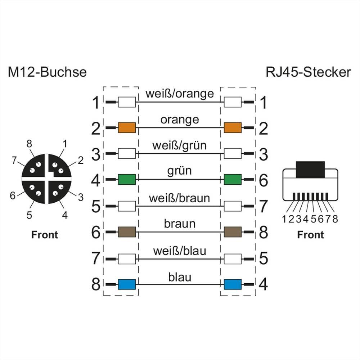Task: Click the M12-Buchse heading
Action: [47, 72]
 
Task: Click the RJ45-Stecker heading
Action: [308, 72]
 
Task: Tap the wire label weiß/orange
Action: [180, 94]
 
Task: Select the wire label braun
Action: [180, 224]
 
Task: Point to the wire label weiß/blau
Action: [180, 250]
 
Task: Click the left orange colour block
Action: [127, 127]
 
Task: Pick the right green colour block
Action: [233, 179]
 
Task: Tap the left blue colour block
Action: [127, 284]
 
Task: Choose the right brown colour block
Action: [233, 232]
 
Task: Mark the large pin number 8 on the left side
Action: [95, 284]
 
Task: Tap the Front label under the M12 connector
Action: [45, 235]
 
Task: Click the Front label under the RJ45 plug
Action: [310, 235]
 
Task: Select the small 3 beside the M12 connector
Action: [81, 197]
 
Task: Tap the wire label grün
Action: [180, 171]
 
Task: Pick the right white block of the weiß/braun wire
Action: [233, 206]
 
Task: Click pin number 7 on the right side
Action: [264, 206]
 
